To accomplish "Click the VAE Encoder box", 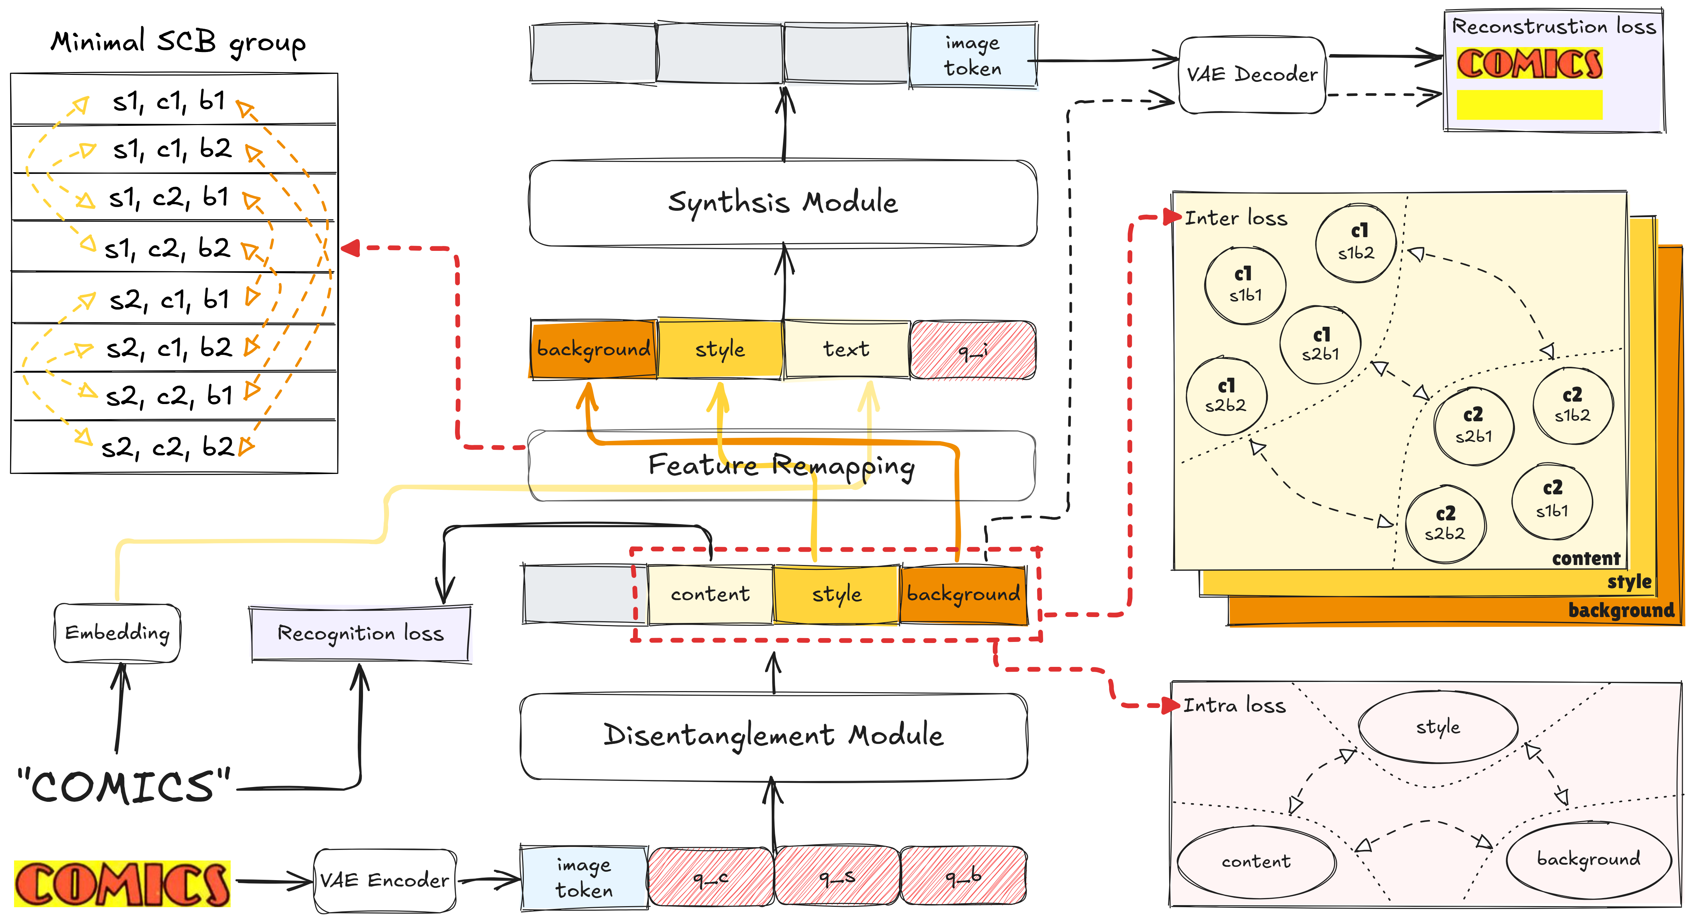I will [385, 880].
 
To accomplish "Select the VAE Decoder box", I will [1251, 74].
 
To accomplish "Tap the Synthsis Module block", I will [783, 203].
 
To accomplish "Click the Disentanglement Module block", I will [773, 735].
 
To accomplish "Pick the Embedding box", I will [117, 633].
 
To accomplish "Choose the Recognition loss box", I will [360, 633].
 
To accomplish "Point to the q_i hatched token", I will [973, 350].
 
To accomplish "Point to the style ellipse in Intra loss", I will [1438, 727].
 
